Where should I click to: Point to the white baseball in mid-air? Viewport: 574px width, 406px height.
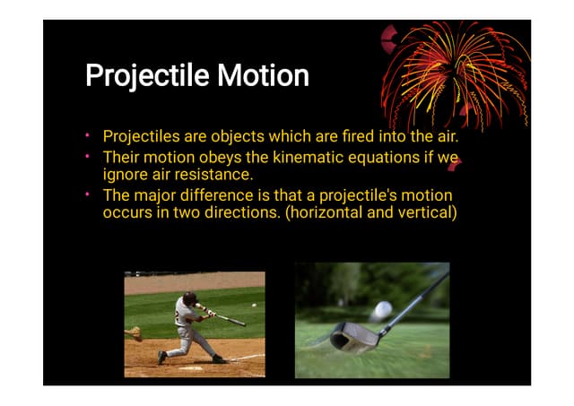pyautogui.click(x=253, y=306)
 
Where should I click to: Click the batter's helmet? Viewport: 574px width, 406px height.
pyautogui.click(x=189, y=298)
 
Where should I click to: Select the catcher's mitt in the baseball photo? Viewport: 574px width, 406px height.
pyautogui.click(x=134, y=333)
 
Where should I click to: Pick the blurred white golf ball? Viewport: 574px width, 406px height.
pyautogui.click(x=382, y=310)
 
